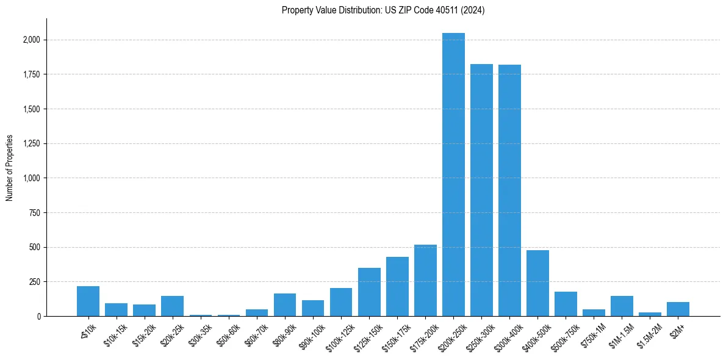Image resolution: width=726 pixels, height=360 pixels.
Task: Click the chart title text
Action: [383, 10]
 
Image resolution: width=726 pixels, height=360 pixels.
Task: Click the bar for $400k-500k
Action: [537, 283]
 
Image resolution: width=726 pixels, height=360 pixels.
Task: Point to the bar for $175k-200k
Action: [425, 281]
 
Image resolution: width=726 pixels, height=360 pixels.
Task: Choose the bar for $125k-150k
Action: [369, 292]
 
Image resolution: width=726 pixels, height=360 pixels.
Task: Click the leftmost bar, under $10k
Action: [88, 301]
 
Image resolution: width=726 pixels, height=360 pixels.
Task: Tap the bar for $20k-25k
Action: [172, 306]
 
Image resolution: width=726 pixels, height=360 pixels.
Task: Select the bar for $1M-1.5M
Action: [622, 306]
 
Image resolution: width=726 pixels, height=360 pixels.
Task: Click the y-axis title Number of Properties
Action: [10, 168]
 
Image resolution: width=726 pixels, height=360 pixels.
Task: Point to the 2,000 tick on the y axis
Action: [31, 40]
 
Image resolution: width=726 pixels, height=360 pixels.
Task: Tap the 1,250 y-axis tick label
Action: [31, 144]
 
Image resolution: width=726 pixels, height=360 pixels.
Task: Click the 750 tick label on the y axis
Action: [35, 213]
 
